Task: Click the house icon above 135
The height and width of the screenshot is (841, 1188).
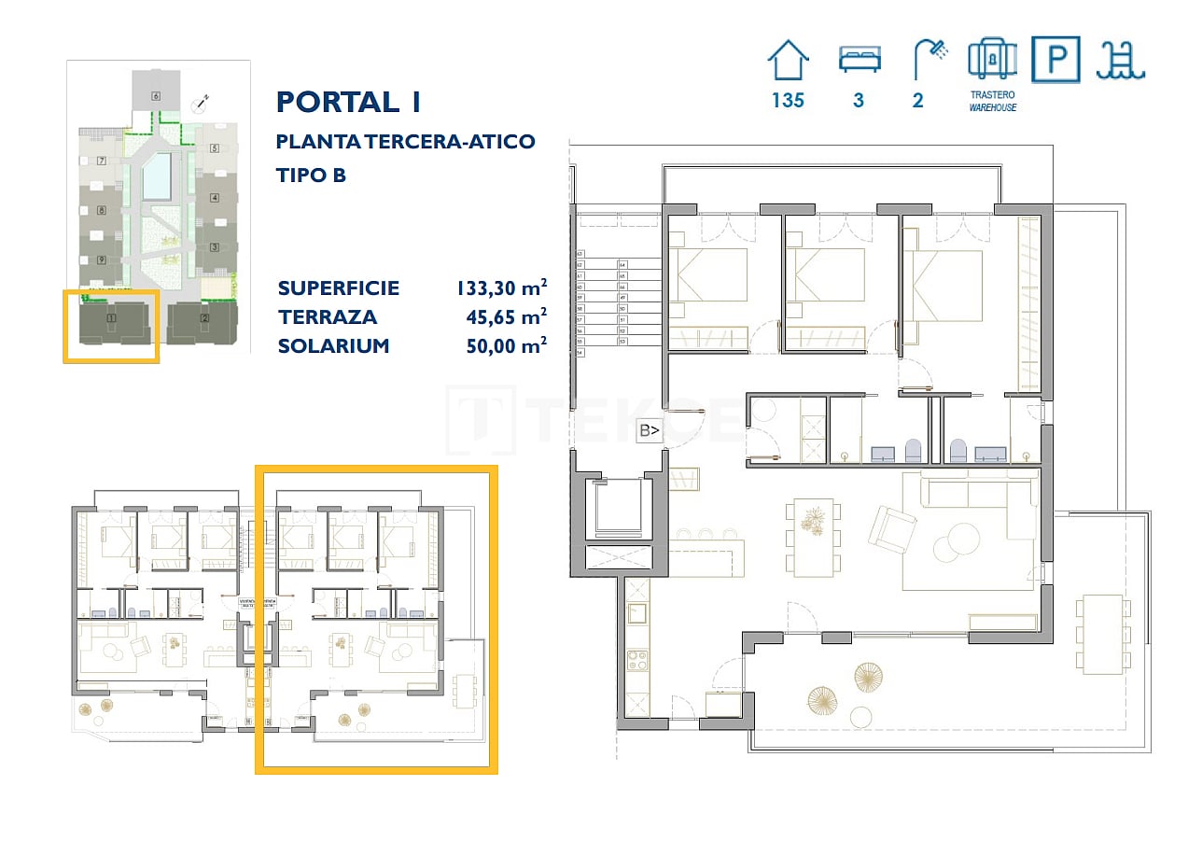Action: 788,61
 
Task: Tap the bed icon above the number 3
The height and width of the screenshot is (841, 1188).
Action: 858,61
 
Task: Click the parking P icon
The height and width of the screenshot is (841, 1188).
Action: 1055,60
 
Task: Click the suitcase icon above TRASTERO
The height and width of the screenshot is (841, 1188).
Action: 992,60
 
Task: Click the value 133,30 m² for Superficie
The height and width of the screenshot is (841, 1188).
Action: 501,288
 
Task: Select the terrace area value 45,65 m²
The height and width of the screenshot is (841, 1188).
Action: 505,317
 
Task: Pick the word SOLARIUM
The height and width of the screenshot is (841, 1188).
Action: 333,346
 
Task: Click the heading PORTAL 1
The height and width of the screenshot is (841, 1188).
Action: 349,101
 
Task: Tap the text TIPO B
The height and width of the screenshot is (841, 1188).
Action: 312,175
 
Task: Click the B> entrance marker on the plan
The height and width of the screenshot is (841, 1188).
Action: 650,430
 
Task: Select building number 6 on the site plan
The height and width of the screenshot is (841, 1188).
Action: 155,96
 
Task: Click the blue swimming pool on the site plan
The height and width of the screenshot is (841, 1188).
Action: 157,176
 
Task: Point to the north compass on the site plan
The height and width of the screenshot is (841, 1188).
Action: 201,102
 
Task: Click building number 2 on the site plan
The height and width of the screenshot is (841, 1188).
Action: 204,317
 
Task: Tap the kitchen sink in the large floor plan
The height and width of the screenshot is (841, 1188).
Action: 638,613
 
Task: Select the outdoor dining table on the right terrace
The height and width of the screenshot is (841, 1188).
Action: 1101,634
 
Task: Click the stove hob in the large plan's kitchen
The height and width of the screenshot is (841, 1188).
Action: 638,661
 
